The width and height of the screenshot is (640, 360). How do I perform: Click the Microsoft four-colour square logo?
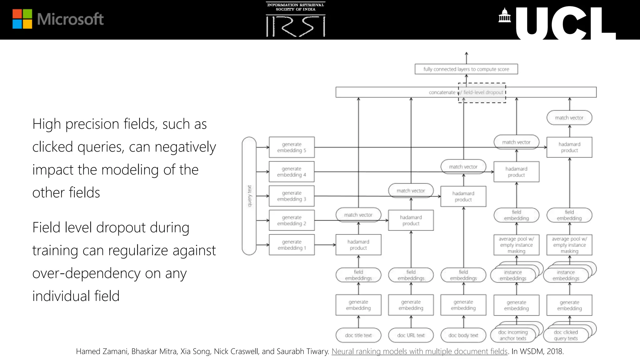coord(22,19)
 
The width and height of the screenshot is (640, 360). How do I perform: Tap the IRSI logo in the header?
coord(295,19)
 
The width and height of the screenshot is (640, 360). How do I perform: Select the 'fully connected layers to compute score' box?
coord(466,69)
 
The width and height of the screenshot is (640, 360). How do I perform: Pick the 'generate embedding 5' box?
coord(292,147)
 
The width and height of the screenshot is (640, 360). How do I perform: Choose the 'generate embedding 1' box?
coord(292,245)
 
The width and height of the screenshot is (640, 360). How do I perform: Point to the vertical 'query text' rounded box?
coord(249,196)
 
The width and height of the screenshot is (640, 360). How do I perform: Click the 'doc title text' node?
coord(358,335)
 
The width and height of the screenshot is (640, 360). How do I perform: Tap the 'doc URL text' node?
coord(411,335)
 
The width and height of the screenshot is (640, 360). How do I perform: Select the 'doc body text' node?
coord(463,335)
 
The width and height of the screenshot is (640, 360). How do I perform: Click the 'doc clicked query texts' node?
coord(566,335)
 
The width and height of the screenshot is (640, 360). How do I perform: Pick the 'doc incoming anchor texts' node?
coord(513,335)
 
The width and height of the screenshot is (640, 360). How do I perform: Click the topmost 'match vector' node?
coord(569,118)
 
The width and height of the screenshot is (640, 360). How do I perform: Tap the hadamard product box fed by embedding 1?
coord(358,245)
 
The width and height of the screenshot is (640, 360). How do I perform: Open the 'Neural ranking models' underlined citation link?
coord(419,352)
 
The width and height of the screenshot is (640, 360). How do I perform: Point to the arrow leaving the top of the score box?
coord(466,58)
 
